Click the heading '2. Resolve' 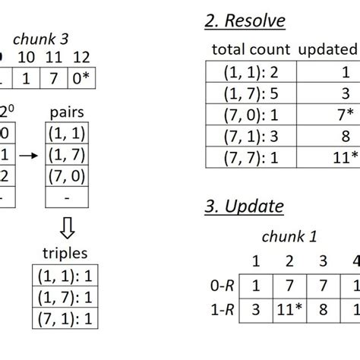point(245,21)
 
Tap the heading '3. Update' point(243,206)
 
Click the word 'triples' point(65,253)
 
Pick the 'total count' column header point(251,51)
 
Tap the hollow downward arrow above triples point(65,228)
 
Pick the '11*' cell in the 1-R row point(289,309)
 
